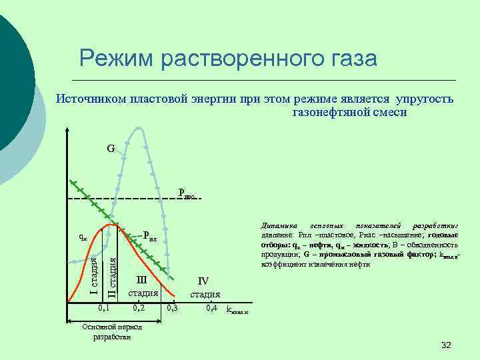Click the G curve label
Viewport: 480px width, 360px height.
tap(111, 148)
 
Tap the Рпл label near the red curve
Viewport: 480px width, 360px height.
tap(149, 235)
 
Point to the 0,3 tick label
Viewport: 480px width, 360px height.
tap(173, 309)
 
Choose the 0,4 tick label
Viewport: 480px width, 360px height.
tap(212, 309)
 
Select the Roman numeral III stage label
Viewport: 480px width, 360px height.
tap(141, 280)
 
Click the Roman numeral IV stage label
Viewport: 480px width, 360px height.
tap(203, 281)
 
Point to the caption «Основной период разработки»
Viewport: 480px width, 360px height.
tap(106, 331)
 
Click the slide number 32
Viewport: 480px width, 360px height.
tap(446, 345)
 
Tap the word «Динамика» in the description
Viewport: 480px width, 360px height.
tap(277, 227)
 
